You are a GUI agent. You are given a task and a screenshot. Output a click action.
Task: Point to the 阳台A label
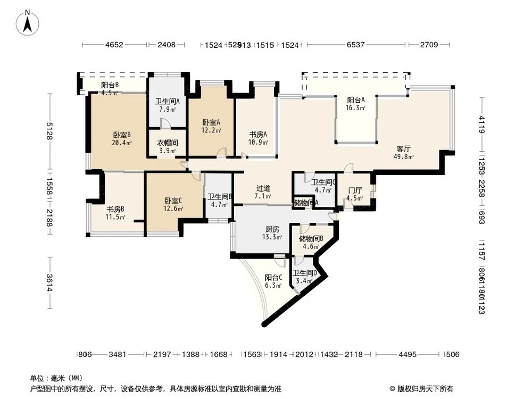point(356,100)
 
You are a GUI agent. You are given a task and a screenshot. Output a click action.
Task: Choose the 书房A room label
point(259,135)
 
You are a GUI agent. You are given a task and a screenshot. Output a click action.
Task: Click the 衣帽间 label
point(167,143)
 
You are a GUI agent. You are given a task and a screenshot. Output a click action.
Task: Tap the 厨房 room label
point(272,229)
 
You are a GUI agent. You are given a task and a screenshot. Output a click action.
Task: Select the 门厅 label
point(355,190)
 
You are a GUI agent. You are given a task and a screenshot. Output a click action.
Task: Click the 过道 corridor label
point(263,188)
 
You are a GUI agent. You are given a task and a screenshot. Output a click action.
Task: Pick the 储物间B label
point(311,238)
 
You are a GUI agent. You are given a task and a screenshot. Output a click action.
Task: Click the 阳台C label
point(273,277)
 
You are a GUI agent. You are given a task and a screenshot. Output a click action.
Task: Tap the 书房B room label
point(115,209)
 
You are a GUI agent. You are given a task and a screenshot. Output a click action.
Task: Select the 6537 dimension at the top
point(355,45)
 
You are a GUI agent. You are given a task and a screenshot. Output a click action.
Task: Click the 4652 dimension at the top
point(114,45)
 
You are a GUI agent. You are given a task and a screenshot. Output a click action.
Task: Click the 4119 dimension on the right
point(481,126)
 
